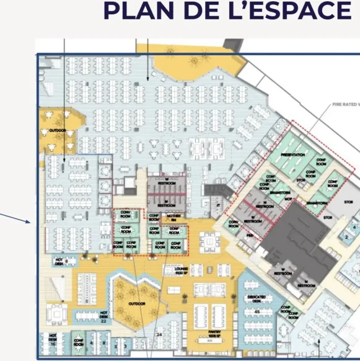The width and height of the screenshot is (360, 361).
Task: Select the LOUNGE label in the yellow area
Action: click(x=173, y=269)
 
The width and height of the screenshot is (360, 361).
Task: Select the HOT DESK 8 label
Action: click(x=59, y=261)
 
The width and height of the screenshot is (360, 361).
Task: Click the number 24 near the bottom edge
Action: click(x=159, y=336)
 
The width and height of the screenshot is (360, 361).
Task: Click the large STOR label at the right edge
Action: click(x=348, y=202)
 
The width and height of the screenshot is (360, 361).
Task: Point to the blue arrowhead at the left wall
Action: click(x=29, y=221)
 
